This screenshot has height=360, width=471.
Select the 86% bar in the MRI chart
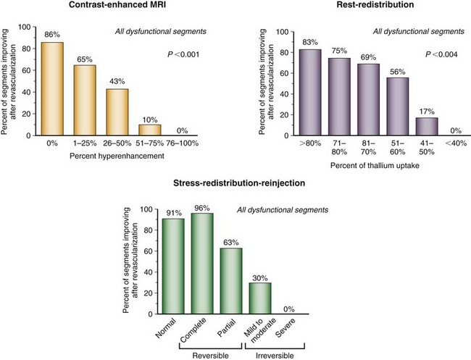[x=51, y=88]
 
